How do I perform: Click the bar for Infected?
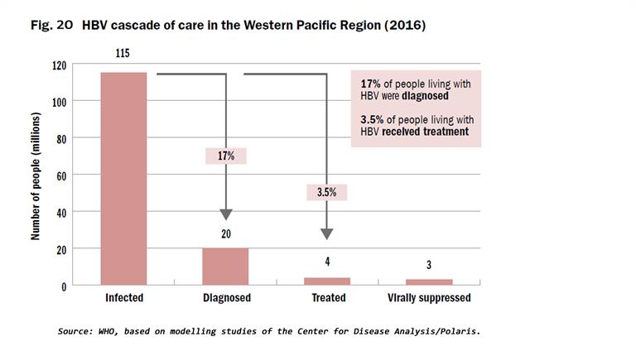click(x=123, y=179)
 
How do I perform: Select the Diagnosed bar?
click(x=225, y=266)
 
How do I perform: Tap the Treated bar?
click(x=327, y=281)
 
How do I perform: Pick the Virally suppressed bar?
click(x=429, y=282)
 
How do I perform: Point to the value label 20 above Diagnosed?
click(x=225, y=234)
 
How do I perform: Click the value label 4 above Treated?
click(x=327, y=262)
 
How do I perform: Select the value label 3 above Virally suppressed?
click(x=429, y=265)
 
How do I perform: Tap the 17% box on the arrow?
click(x=225, y=156)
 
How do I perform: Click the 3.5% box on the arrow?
click(x=327, y=192)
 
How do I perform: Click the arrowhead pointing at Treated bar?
click(x=327, y=233)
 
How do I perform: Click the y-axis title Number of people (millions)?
click(x=36, y=175)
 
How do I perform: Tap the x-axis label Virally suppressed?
click(x=429, y=298)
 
